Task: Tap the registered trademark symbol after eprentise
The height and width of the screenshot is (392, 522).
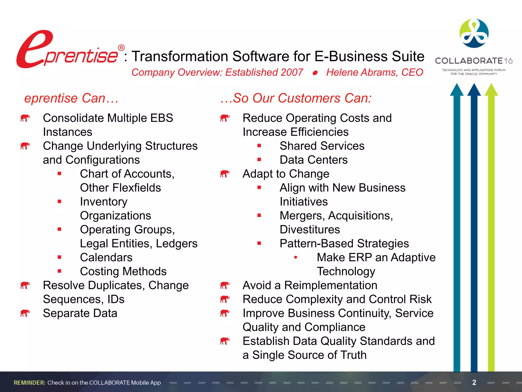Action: click(x=121, y=48)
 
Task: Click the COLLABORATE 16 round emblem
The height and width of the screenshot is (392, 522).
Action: click(x=474, y=33)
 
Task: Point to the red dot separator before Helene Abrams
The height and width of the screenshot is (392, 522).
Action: click(x=315, y=73)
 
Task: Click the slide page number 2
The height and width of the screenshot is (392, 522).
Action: click(x=474, y=382)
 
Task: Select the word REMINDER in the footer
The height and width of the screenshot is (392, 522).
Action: click(x=30, y=383)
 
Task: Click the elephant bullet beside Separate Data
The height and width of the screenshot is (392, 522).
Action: click(x=25, y=313)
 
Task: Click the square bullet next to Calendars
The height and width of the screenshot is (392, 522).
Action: click(x=59, y=257)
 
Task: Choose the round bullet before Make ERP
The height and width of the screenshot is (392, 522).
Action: click(x=295, y=257)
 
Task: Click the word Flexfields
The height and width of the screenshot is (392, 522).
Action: click(x=137, y=188)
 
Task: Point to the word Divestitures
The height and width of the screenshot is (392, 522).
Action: click(x=310, y=229)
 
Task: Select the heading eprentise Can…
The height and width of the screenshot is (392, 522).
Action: click(x=71, y=98)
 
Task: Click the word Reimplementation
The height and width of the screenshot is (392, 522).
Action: click(x=331, y=285)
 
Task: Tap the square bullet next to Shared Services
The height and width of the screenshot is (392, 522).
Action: click(x=259, y=146)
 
